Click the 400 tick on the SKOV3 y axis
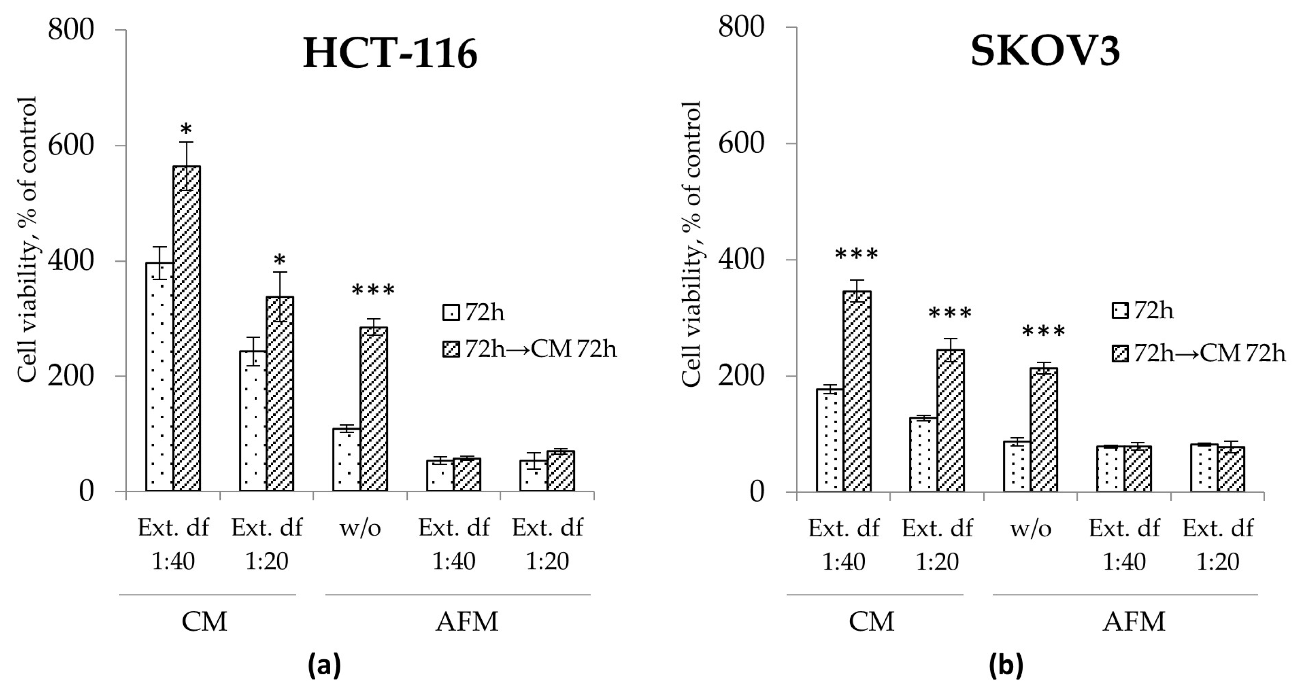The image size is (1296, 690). pyautogui.click(x=741, y=260)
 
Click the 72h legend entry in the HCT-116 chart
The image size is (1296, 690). pyautogui.click(x=473, y=313)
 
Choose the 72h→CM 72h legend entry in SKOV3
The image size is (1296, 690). pyautogui.click(x=1197, y=354)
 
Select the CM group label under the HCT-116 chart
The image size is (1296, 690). pyautogui.click(x=204, y=622)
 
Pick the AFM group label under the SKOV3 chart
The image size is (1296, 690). pyautogui.click(x=1134, y=622)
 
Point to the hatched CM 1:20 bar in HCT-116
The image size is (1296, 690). pyautogui.click(x=280, y=393)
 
